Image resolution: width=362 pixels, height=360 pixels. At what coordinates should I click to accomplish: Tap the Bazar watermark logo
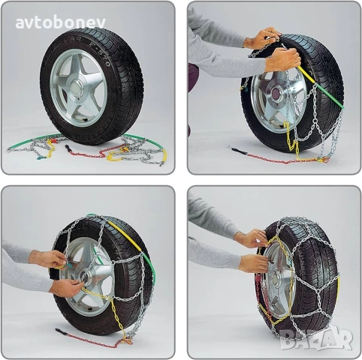[x=327, y=339]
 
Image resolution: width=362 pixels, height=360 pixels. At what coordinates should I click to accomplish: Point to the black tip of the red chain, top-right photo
[x=237, y=150]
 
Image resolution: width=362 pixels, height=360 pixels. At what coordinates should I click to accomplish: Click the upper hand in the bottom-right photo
[x=252, y=238]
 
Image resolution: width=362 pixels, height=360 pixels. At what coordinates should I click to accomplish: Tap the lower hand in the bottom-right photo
[x=255, y=263]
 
